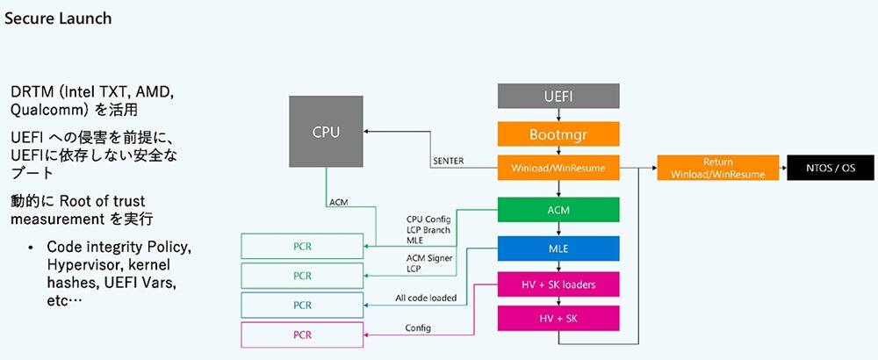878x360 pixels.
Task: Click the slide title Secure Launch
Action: tap(58, 18)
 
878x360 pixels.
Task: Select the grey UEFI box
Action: tap(558, 96)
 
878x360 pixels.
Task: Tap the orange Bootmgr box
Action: tap(558, 133)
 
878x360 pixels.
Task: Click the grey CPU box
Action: tap(326, 133)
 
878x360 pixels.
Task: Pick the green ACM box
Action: tap(558, 209)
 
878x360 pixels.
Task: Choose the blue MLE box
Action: tap(558, 248)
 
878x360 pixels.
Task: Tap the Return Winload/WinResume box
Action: tap(717, 168)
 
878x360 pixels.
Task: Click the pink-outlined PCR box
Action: tap(302, 335)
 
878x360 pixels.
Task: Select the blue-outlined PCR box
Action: tap(302, 305)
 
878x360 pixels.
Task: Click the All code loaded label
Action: tap(425, 299)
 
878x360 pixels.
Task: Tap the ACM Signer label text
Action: tap(429, 257)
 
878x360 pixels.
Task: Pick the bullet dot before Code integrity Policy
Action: tap(30, 247)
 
